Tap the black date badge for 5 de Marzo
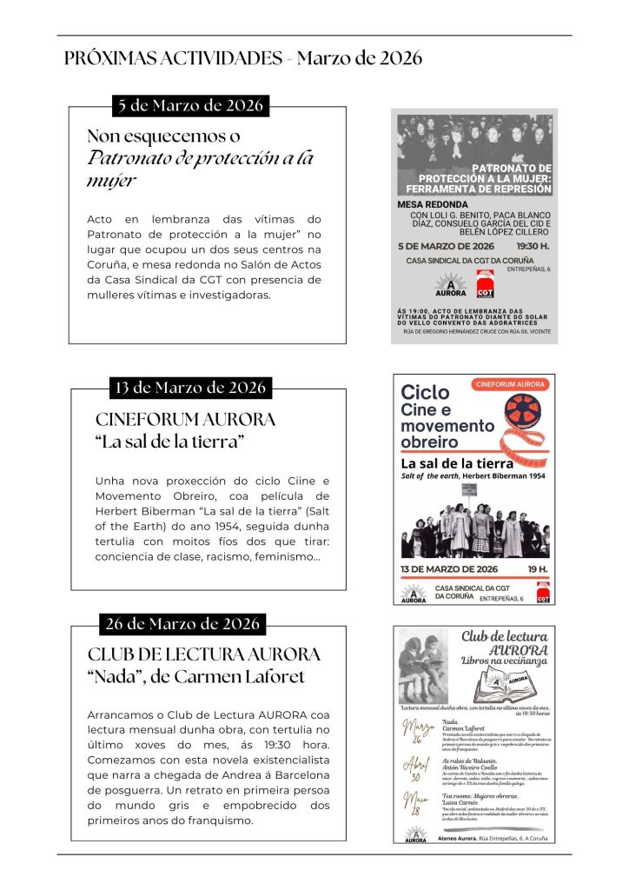click(189, 106)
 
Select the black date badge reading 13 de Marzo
click(190, 387)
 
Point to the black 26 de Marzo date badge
click(182, 623)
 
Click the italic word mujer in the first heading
click(112, 181)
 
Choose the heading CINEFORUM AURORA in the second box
click(185, 419)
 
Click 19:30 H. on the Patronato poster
click(532, 246)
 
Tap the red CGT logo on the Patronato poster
click(487, 284)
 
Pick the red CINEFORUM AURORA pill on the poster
click(510, 382)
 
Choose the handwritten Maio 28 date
click(416, 802)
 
